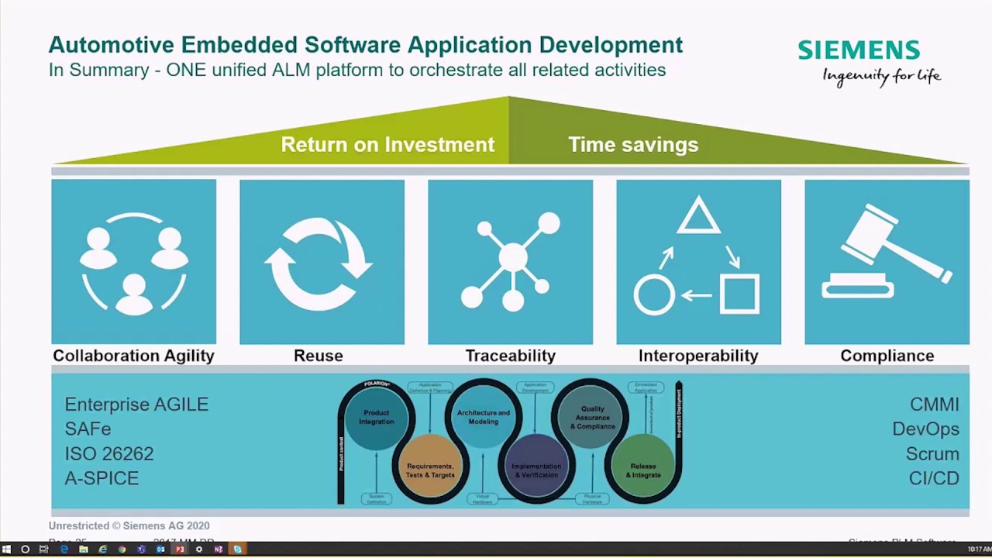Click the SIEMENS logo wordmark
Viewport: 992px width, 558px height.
[859, 50]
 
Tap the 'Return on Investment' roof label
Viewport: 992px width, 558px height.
[387, 145]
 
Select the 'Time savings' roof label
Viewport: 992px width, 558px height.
[633, 145]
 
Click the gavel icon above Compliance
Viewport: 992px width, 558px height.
[887, 253]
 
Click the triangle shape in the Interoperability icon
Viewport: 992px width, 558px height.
[698, 216]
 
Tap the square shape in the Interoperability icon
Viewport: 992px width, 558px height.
[739, 294]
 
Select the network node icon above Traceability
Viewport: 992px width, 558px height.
[511, 259]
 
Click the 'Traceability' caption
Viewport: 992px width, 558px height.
[510, 356]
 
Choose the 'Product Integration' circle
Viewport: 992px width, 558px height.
[377, 418]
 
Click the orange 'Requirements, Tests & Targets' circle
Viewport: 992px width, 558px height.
[430, 469]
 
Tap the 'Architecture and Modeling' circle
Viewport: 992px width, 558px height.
[484, 417]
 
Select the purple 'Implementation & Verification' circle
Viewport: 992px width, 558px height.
[536, 469]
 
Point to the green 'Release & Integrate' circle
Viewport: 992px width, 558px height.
[643, 469]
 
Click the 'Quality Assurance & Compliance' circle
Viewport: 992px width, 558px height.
[591, 417]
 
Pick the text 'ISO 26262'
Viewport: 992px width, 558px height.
[109, 453]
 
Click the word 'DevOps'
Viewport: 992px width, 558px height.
[925, 429]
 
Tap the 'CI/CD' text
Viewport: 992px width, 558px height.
[934, 478]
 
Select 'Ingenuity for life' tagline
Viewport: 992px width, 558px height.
[881, 76]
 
